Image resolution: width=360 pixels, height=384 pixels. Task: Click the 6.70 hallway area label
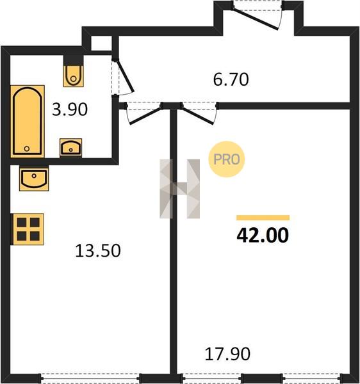(231, 79)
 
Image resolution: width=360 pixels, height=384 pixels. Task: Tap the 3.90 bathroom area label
(70, 109)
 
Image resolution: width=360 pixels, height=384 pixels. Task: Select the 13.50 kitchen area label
(98, 251)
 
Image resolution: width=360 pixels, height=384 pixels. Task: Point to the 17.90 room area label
(227, 354)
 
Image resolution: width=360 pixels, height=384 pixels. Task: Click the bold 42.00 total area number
(263, 235)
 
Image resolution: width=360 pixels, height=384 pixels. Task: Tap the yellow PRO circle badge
(226, 159)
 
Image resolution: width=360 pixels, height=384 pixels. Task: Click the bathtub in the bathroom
(28, 121)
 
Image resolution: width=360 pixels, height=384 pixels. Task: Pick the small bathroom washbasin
(71, 147)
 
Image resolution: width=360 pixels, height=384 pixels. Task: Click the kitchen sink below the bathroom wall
(34, 179)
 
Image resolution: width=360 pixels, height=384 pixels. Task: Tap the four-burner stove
(28, 229)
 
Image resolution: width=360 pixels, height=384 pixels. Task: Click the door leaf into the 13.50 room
(145, 116)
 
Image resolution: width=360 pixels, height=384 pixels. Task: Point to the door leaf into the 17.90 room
(197, 116)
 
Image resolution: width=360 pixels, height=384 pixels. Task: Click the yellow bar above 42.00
(263, 218)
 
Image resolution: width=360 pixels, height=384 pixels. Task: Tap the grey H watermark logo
(179, 189)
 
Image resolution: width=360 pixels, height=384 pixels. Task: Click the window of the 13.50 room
(90, 378)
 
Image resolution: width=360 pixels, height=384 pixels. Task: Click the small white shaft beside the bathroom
(101, 44)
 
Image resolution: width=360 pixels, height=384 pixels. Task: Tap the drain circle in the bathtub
(27, 148)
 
